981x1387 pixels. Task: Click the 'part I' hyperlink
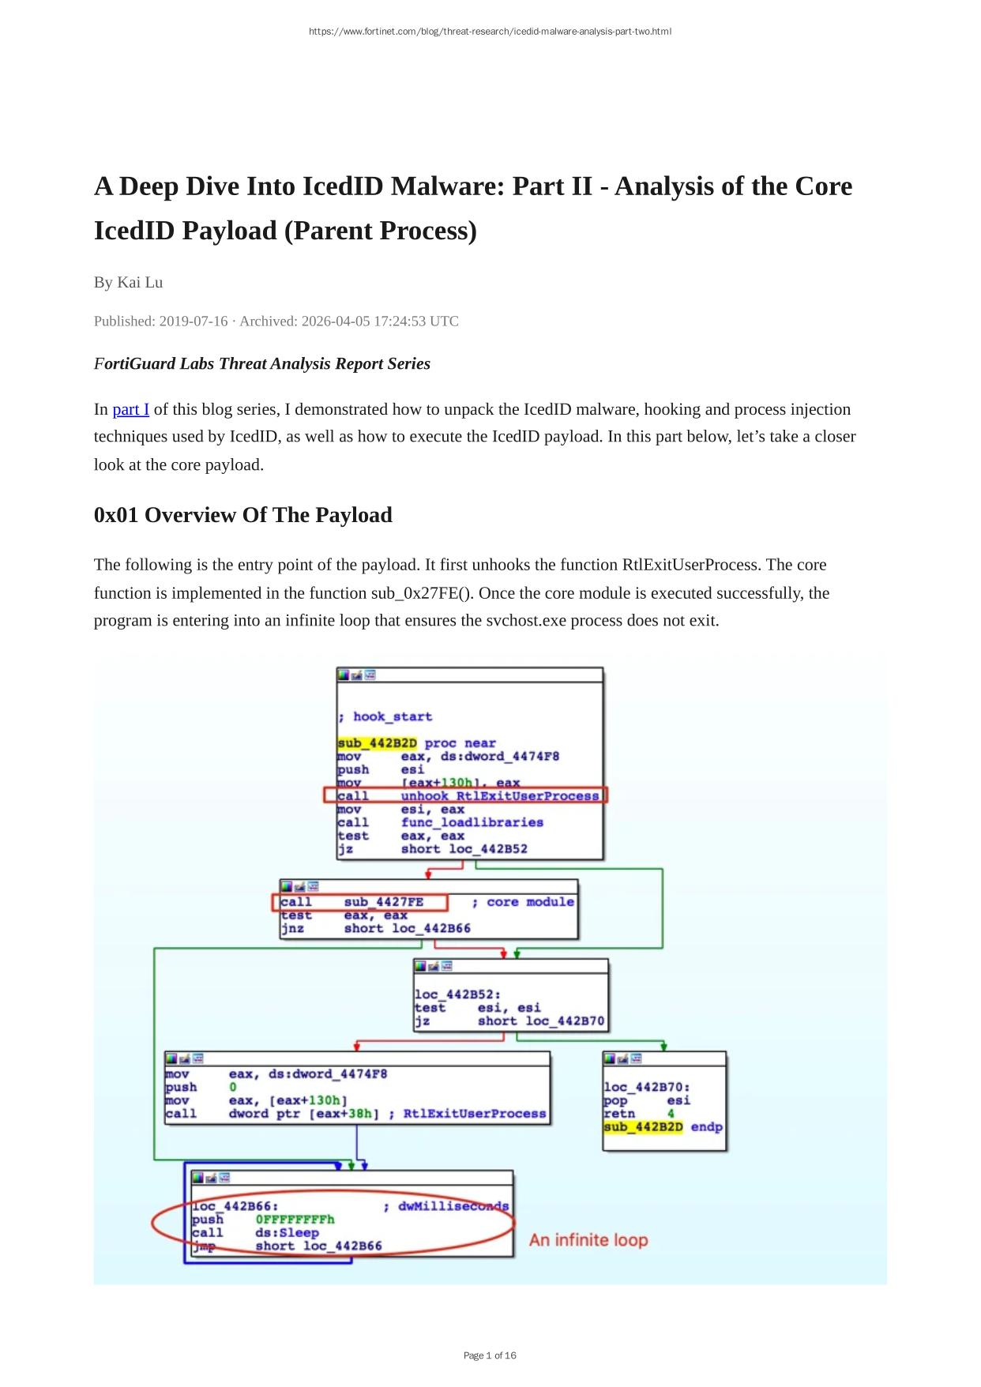point(130,409)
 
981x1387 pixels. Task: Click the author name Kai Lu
point(140,282)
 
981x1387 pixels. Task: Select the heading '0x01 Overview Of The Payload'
point(242,515)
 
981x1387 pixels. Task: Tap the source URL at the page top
point(490,32)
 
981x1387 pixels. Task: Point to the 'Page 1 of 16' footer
point(490,1355)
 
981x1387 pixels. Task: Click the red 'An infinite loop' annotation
point(588,1240)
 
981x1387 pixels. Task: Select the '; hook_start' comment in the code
point(385,716)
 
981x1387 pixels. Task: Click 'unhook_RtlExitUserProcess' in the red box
point(499,795)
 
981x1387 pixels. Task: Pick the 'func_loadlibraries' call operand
point(472,822)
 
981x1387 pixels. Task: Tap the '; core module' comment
point(523,902)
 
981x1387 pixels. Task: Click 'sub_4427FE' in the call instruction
point(383,902)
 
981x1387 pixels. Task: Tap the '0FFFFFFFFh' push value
point(295,1219)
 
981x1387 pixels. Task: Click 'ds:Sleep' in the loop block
point(287,1232)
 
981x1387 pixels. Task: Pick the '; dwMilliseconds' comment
point(446,1206)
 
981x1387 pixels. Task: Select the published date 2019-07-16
point(193,321)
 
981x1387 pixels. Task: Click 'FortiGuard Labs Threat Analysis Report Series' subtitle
point(261,363)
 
